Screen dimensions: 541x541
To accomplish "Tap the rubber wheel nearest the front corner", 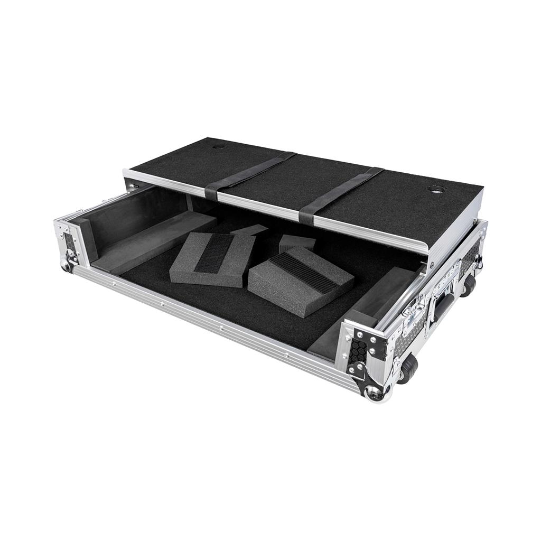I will pyautogui.click(x=408, y=368).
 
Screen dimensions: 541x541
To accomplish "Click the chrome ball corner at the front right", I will pyautogui.click(x=376, y=392).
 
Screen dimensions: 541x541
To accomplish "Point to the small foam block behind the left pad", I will pyautogui.click(x=250, y=230).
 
